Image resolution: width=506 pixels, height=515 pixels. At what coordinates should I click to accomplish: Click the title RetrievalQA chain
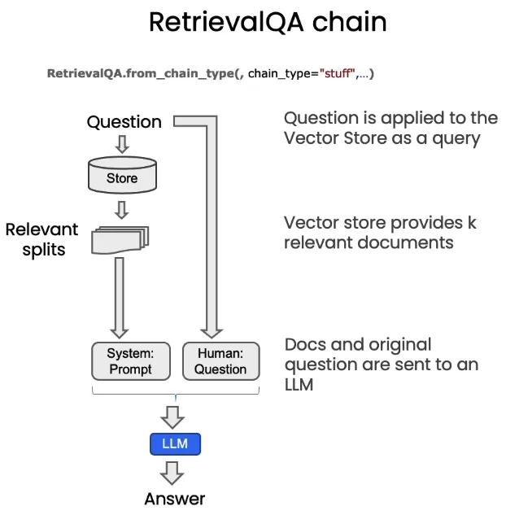pos(268,22)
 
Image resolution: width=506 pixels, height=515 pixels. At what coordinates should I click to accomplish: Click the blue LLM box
pos(175,444)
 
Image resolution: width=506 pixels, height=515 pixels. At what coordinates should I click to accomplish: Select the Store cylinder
pos(122,173)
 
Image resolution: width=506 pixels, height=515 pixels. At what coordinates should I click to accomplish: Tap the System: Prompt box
pos(130,361)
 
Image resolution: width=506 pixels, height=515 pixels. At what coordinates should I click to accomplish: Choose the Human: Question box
pos(220,361)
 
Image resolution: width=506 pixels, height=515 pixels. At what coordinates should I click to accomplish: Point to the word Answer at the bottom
pos(175,498)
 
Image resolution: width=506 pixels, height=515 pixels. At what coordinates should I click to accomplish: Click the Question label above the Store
pos(124,122)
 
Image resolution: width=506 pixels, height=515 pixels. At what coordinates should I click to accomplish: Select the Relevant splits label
pos(41,239)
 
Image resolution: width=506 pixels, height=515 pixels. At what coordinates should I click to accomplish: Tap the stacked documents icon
pos(122,238)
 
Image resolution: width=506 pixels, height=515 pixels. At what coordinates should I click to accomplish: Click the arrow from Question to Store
pos(122,144)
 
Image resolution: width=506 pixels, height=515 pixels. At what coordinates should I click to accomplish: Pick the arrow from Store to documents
pos(122,209)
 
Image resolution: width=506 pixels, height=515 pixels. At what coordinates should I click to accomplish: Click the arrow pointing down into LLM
pos(172,417)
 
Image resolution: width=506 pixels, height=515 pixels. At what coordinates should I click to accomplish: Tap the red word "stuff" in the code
pos(337,74)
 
